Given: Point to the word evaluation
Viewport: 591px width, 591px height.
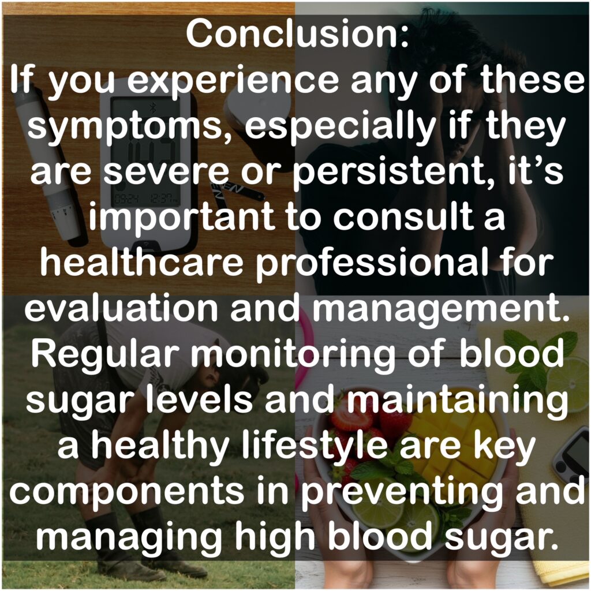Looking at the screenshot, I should pos(121,308).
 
